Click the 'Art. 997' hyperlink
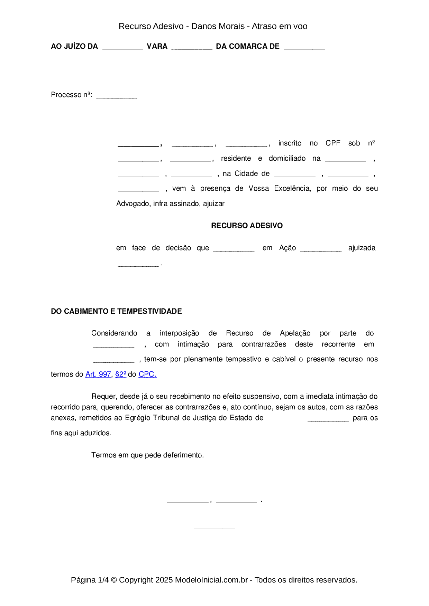98,374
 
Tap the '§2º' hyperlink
120,374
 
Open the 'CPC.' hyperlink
147,374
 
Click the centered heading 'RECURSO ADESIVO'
247,226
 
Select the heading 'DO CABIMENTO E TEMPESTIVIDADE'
116,311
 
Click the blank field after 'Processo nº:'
116,96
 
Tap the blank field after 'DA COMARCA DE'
304,48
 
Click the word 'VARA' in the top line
157,46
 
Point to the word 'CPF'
333,143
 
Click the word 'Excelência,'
292,188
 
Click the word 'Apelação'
295,333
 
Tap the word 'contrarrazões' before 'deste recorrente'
264,344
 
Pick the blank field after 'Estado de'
328,419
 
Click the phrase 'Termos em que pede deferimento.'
147,455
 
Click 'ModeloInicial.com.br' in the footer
211,580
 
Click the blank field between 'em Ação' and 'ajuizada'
321,249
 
